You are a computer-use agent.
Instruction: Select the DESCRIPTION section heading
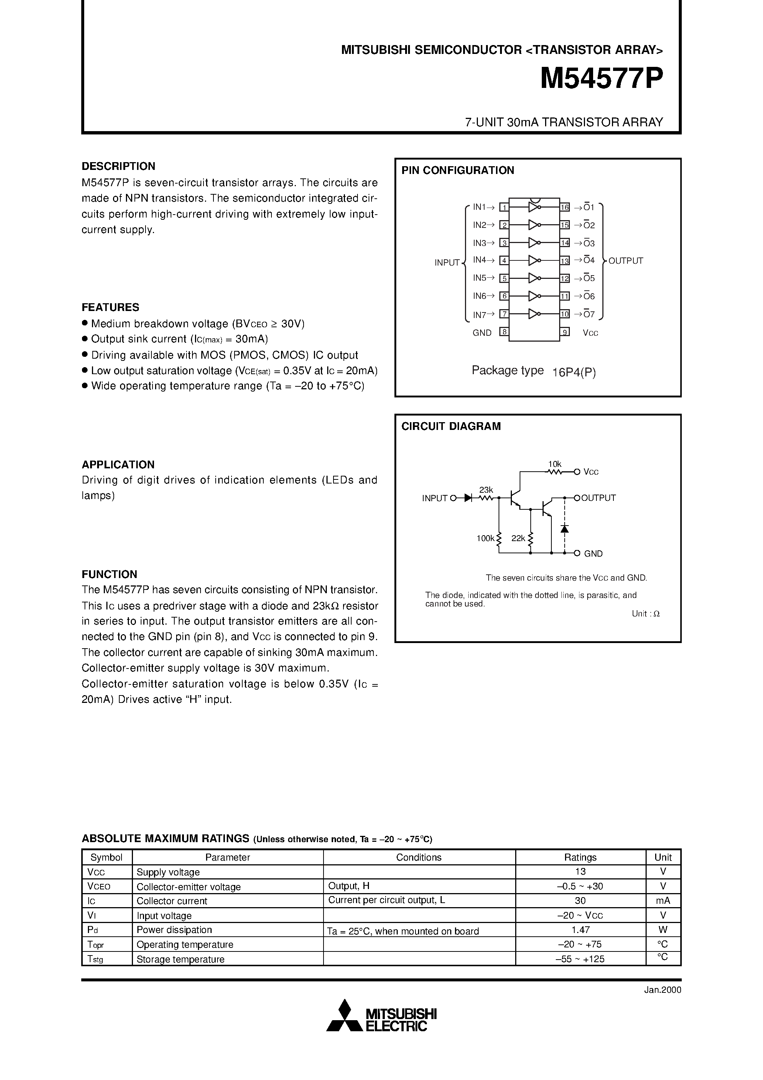point(118,166)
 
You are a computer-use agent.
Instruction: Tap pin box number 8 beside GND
point(504,332)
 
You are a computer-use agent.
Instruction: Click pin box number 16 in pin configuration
point(564,207)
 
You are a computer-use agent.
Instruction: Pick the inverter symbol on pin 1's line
point(534,207)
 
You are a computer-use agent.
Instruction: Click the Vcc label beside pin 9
point(591,333)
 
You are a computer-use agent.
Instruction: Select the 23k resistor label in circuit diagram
point(486,490)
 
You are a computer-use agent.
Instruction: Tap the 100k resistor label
point(485,538)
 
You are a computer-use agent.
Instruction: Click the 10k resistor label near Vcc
point(555,464)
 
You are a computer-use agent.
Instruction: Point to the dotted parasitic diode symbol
point(564,528)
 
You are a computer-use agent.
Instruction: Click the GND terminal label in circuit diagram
point(593,554)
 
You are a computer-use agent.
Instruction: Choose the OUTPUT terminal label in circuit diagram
point(598,498)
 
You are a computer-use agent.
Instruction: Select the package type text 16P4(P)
point(574,373)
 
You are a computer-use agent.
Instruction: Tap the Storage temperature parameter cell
point(180,959)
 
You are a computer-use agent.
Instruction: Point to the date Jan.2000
point(662,990)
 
